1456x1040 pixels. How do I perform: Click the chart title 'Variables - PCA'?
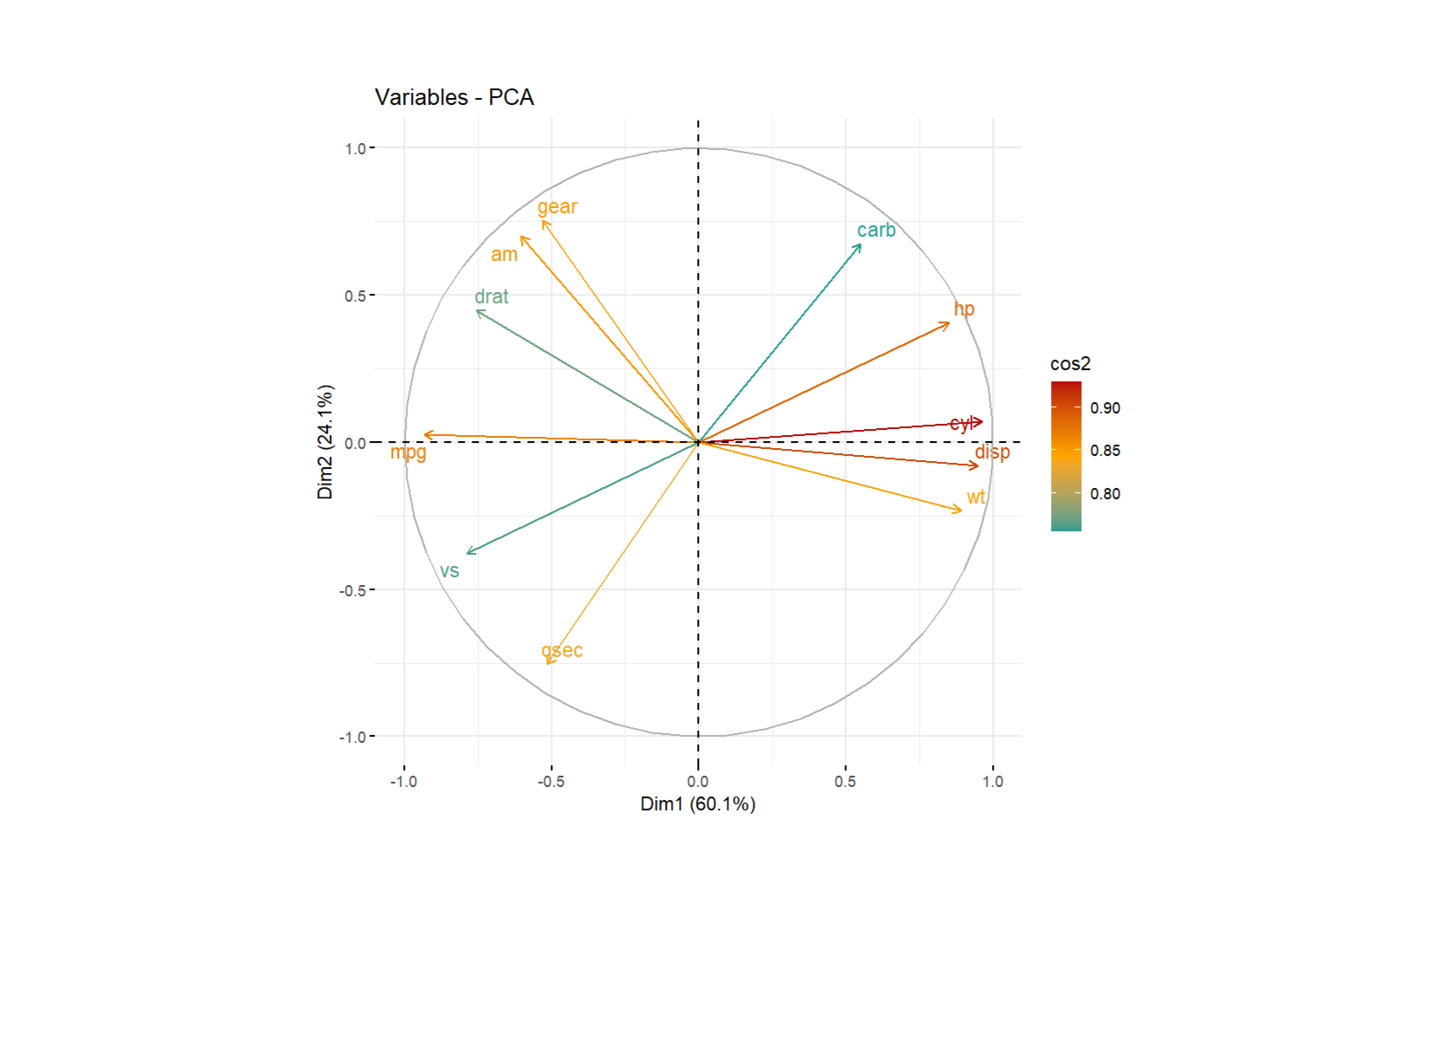(454, 97)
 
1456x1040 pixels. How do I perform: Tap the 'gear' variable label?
(557, 206)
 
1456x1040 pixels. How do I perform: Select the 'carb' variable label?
(876, 230)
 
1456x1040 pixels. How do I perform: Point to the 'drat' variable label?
(491, 296)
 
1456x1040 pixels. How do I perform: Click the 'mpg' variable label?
(408, 452)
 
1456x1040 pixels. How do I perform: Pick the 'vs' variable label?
(449, 571)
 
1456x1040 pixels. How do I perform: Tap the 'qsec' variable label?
(562, 650)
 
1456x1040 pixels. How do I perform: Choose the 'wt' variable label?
(976, 497)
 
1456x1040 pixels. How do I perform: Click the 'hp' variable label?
(963, 309)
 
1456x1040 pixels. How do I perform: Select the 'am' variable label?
(504, 255)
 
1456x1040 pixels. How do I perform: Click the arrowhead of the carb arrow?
(860, 245)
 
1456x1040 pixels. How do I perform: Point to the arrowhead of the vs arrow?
(468, 552)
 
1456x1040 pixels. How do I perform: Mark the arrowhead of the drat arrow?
(478, 311)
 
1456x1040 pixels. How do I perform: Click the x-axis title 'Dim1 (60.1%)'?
(697, 804)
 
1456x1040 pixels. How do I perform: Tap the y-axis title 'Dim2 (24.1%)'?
(325, 442)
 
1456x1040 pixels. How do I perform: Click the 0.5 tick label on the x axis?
(845, 782)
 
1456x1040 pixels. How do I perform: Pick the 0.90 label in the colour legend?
(1105, 408)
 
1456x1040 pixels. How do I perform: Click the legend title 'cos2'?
(1070, 364)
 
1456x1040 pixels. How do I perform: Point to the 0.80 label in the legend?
(1105, 494)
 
